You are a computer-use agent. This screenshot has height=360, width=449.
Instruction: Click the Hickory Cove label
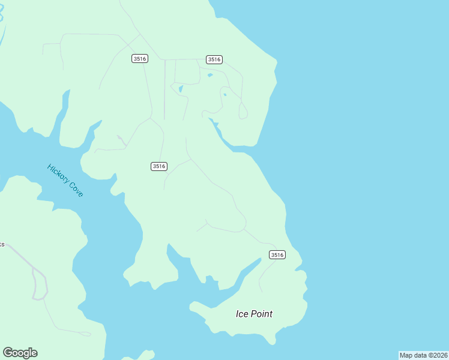[65, 180]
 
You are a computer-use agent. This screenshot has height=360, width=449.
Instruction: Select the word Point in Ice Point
[262, 314]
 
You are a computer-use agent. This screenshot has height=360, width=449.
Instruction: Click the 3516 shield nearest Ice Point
[277, 255]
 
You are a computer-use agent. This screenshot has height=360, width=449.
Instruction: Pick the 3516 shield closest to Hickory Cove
[158, 166]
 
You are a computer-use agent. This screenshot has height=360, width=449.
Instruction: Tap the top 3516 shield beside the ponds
[214, 59]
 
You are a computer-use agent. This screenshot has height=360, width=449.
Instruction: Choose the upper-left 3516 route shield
[139, 58]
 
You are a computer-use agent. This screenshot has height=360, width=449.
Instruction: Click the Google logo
[20, 353]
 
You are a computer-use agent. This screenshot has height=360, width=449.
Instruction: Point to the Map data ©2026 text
[423, 355]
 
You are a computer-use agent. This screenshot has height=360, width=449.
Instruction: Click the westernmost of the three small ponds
[180, 89]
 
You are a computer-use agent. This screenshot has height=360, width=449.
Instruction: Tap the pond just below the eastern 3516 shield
[209, 75]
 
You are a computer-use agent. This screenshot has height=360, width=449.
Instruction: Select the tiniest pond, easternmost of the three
[224, 94]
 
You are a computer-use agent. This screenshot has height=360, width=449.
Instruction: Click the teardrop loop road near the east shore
[243, 111]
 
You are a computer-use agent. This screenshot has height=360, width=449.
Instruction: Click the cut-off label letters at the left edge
[2, 245]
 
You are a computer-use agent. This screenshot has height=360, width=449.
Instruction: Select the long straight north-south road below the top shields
[165, 90]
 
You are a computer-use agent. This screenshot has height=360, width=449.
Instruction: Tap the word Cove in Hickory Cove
[76, 190]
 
